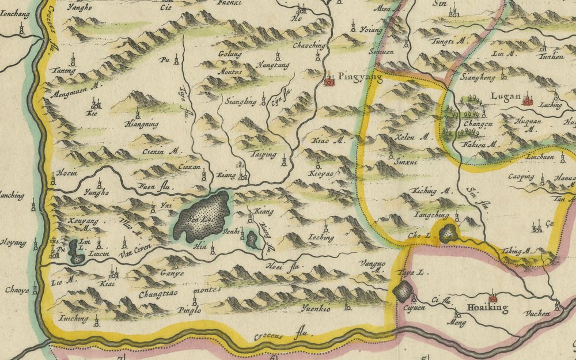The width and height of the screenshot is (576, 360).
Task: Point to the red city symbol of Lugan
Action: [x=526, y=101]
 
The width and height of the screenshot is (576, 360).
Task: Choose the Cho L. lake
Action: [x=448, y=233]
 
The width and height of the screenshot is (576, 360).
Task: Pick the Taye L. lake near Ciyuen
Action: [x=403, y=291]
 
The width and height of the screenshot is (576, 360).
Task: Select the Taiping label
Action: [x=263, y=155]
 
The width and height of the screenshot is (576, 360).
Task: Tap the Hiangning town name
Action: [x=141, y=123]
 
